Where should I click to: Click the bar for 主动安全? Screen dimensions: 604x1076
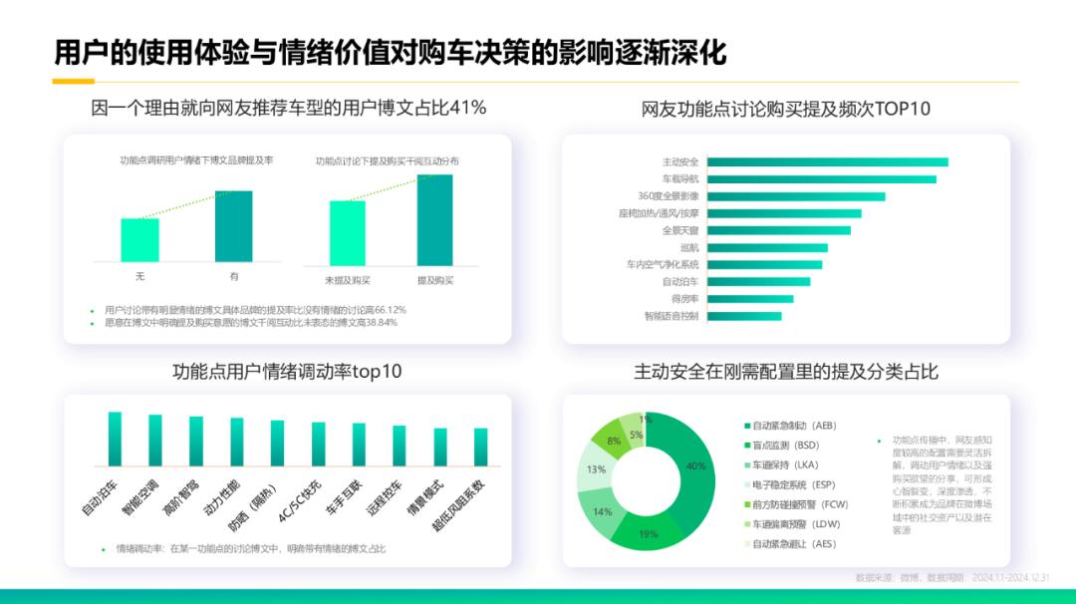tap(827, 161)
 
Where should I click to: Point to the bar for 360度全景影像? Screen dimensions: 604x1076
tap(796, 196)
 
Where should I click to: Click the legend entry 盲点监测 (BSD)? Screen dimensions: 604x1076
tap(787, 445)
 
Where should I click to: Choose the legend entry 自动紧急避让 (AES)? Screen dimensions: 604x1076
tap(795, 544)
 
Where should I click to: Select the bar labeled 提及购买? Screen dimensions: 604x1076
tap(434, 220)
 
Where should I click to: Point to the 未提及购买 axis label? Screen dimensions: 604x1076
tap(347, 281)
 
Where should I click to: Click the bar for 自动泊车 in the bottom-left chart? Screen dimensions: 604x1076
tap(115, 439)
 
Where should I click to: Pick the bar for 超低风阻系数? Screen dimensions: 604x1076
tap(481, 447)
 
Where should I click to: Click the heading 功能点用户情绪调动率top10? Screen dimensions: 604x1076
tap(287, 372)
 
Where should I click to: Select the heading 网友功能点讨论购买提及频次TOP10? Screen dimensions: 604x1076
tap(785, 109)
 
